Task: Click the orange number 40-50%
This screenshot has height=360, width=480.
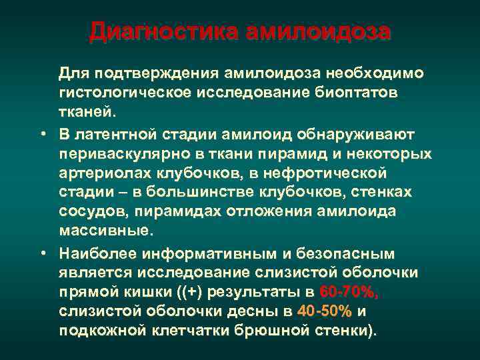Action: click(x=325, y=312)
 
